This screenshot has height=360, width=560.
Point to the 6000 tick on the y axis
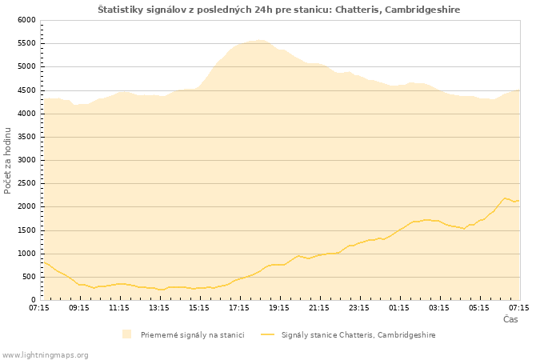click(26, 20)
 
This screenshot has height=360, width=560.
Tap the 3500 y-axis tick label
click(26, 137)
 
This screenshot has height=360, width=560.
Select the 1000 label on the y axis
click(26, 254)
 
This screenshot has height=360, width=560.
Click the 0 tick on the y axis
click(32, 300)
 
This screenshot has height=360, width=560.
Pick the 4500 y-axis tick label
click(26, 90)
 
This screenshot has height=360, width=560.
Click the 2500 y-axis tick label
click(26, 183)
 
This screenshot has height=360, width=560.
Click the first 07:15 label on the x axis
click(39, 307)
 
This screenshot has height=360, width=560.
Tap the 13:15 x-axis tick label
click(159, 307)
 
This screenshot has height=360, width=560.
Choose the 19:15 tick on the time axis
click(279, 307)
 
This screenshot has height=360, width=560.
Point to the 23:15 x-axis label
click(359, 307)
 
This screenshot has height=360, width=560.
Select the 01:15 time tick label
click(399, 307)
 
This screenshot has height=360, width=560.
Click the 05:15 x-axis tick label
click(479, 307)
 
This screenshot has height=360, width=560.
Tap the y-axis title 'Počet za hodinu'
click(8, 160)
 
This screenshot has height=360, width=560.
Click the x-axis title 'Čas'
click(510, 319)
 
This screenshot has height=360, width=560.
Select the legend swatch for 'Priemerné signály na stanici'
click(126, 334)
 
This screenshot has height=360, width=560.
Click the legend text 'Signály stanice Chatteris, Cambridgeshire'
click(358, 334)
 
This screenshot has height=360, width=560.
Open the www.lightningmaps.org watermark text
click(46, 354)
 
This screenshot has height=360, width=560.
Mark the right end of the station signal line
click(519, 200)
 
